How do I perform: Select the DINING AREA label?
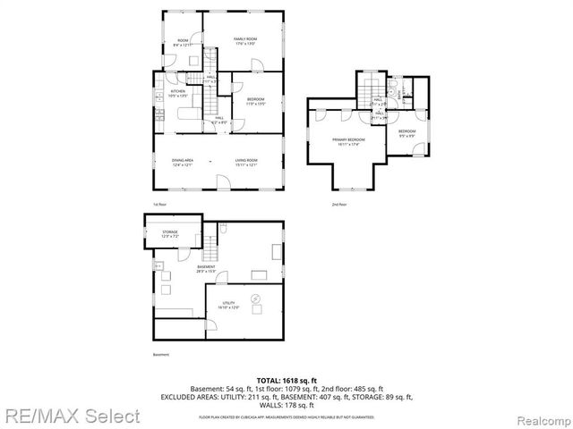183,161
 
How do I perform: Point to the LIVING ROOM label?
246,161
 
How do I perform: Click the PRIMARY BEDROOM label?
348,141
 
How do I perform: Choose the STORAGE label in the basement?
170,234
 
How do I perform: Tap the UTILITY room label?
229,305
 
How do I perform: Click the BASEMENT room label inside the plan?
207,268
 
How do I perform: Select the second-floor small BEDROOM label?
406,133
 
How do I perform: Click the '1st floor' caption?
160,205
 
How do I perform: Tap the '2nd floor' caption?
339,205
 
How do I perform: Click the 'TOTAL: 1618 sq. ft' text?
286,381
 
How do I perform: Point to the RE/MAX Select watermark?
71,416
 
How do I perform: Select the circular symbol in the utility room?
255,298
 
